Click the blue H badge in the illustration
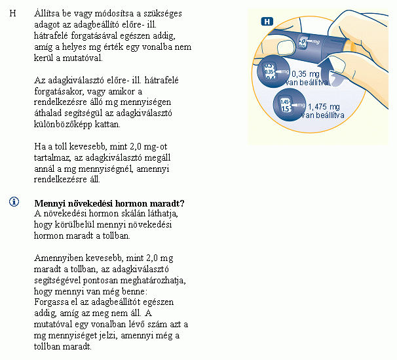(267, 21)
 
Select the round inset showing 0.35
(272, 71)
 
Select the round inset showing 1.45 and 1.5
(286, 106)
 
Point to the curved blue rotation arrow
(335, 71)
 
